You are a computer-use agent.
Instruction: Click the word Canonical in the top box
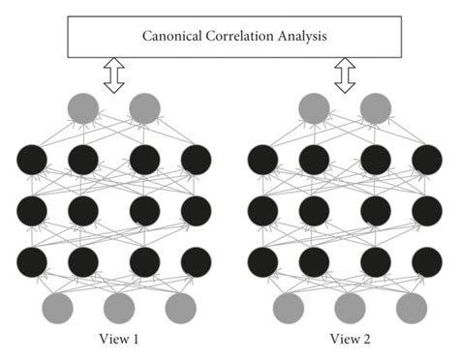[x=171, y=37]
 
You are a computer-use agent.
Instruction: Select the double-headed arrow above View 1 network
[x=114, y=75]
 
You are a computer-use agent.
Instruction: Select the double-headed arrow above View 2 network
[x=345, y=75]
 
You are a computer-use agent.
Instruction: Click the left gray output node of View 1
[x=83, y=108]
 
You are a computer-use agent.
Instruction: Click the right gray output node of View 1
[x=145, y=108]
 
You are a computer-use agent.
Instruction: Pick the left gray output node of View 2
[x=314, y=108]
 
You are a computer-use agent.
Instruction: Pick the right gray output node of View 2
[x=376, y=108]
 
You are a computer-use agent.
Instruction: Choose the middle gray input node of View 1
[x=118, y=308]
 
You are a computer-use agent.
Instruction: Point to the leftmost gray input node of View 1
[x=58, y=308]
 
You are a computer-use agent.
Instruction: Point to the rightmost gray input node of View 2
[x=410, y=308]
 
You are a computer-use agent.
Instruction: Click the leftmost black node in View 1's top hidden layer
[x=32, y=159]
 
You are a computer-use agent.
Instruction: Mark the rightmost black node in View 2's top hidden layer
[x=426, y=159]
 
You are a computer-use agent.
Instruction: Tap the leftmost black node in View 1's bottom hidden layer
[x=32, y=260]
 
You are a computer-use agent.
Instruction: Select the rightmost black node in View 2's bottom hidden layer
[x=426, y=260]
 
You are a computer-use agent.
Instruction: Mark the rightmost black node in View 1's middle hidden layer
[x=196, y=210]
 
